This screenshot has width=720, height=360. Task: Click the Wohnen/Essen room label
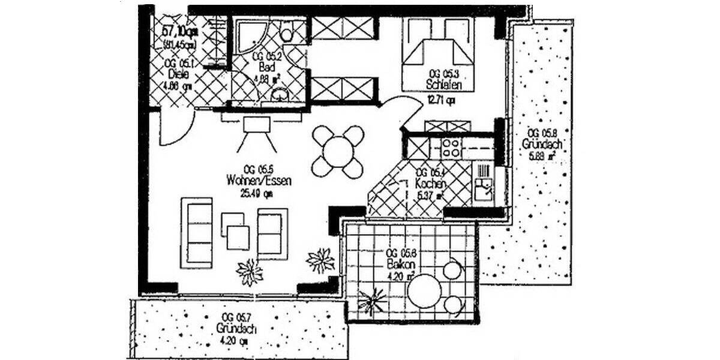coord(259,181)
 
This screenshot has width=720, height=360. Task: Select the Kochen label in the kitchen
coord(429,183)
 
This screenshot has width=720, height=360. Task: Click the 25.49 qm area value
coord(257,193)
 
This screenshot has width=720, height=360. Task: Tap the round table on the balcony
coord(425,290)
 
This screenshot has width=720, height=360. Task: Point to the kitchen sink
coord(482,191)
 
